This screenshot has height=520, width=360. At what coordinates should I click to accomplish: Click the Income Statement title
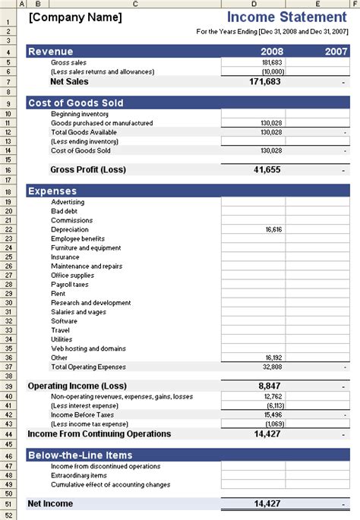click(x=286, y=17)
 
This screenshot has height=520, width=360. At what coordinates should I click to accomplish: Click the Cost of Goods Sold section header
click(x=75, y=103)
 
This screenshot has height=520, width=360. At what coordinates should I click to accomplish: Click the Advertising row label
click(x=68, y=203)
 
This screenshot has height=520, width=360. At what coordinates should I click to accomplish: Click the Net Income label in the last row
click(x=50, y=503)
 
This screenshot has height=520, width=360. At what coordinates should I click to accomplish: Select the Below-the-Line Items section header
click(x=80, y=455)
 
